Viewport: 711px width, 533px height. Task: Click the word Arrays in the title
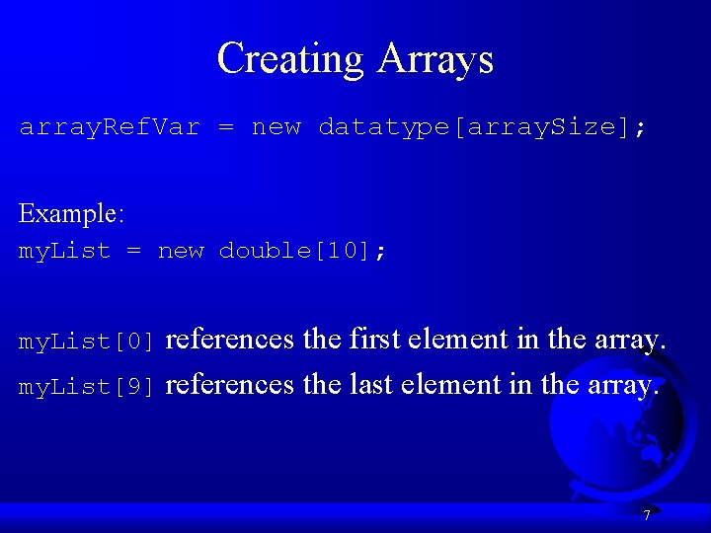(x=434, y=59)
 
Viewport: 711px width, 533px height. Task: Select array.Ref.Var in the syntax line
(x=110, y=127)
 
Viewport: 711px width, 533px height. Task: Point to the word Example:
(x=69, y=213)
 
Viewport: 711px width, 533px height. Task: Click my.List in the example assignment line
(x=65, y=251)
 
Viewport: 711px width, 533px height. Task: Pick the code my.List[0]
(x=88, y=343)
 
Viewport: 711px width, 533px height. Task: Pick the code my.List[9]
(x=88, y=387)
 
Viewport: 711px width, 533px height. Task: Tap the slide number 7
(x=646, y=515)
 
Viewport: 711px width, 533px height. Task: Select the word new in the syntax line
(x=276, y=127)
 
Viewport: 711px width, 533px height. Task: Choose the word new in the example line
(x=181, y=251)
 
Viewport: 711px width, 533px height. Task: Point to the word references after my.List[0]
(x=230, y=340)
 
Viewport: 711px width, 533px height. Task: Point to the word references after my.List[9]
(x=230, y=384)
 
